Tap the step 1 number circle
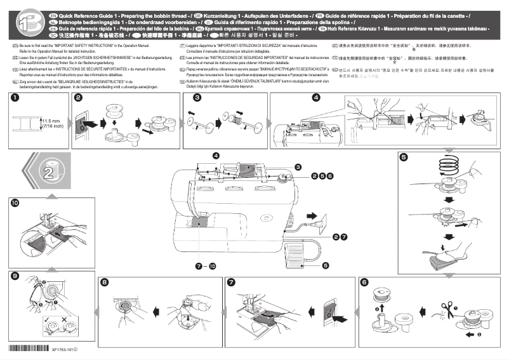click(x=14, y=98)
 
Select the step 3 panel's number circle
click(x=197, y=98)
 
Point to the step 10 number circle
click(x=14, y=203)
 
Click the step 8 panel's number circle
click(x=105, y=282)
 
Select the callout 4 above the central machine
click(x=216, y=156)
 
